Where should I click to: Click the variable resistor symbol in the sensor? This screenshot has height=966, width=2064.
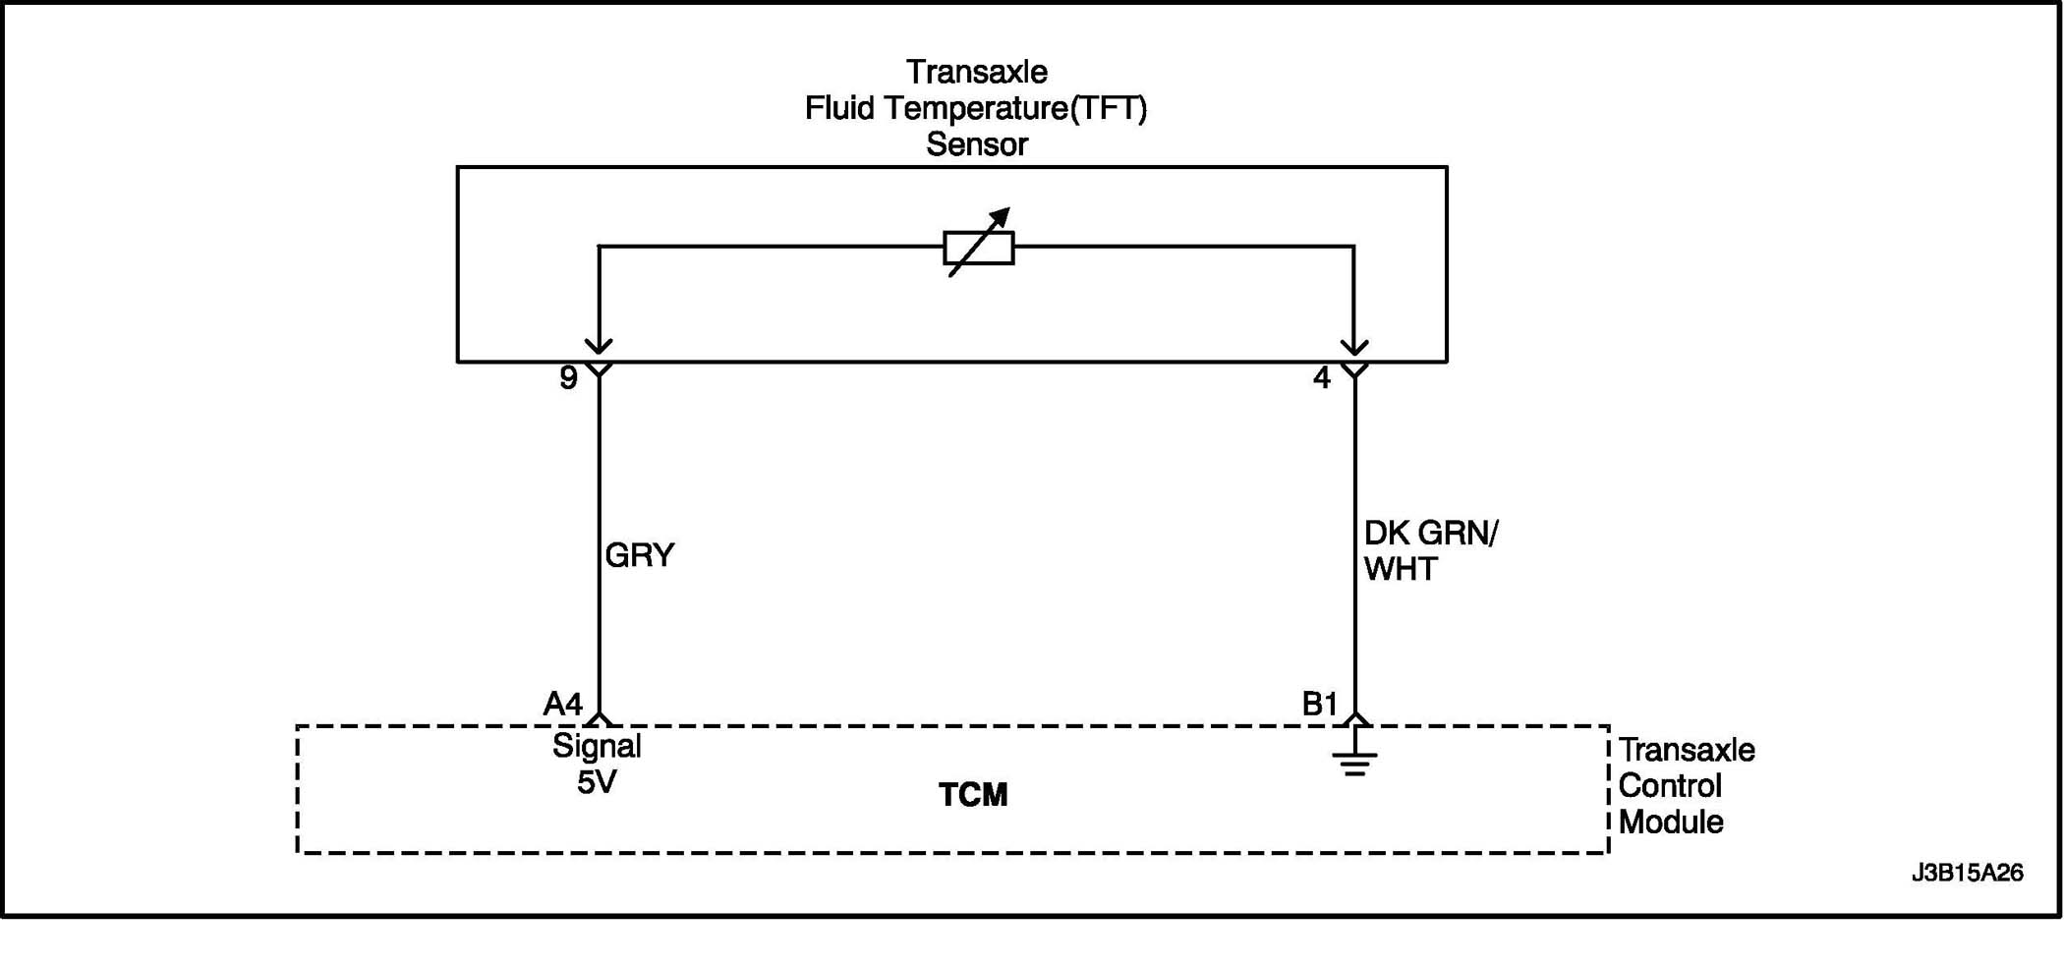click(978, 247)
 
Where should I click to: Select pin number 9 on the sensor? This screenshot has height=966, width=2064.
click(568, 378)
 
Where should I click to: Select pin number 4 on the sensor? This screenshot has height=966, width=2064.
click(1322, 378)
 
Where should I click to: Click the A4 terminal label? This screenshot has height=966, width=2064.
click(563, 704)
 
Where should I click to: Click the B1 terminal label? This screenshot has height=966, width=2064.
click(1320, 704)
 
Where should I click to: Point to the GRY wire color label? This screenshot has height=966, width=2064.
click(640, 556)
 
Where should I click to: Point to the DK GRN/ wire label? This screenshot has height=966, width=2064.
click(1431, 534)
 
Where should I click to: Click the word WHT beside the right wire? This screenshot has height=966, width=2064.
click(1401, 570)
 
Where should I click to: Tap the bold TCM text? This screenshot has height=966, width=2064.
click(973, 795)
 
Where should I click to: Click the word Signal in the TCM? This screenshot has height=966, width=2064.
click(597, 747)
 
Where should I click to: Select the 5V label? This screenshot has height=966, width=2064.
click(597, 783)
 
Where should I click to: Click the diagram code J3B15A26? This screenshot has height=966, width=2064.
click(1967, 873)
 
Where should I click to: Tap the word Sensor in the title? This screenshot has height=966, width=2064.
click(977, 145)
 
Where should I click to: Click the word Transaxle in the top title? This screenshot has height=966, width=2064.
click(977, 73)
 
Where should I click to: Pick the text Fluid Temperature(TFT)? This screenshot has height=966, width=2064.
click(976, 109)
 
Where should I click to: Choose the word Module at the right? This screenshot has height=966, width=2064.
click(1671, 823)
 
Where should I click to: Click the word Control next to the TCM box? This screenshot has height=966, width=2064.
click(1670, 786)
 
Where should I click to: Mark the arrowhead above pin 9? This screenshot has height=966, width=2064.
click(599, 346)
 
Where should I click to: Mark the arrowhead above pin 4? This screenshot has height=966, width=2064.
click(1354, 346)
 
